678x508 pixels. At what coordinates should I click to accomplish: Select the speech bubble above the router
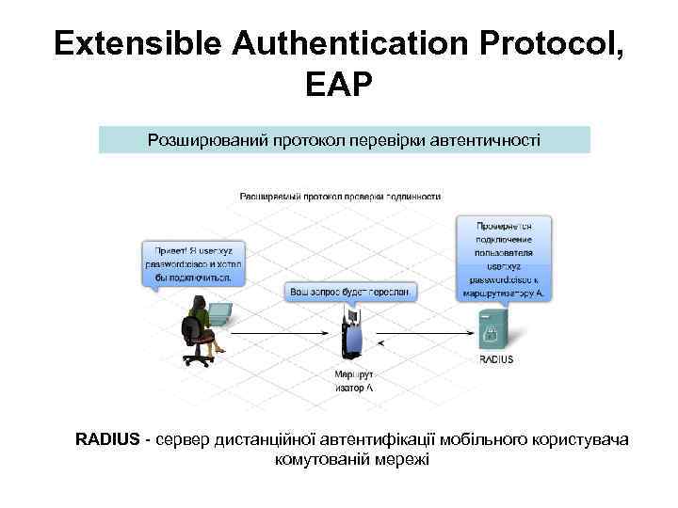[x=349, y=293]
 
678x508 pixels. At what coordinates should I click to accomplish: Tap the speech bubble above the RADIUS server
[x=504, y=257]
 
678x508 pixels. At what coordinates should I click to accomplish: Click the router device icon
[x=352, y=335]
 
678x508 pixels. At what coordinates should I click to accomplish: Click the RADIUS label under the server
[x=496, y=359]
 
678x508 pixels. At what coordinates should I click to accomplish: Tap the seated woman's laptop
[x=218, y=312]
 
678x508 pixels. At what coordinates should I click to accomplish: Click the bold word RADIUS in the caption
[x=108, y=439]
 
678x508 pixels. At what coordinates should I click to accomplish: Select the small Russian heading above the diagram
[x=341, y=197]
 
